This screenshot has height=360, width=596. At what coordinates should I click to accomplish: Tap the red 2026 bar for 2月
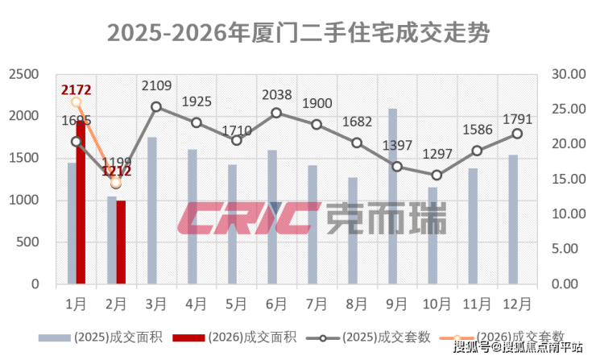coord(121,242)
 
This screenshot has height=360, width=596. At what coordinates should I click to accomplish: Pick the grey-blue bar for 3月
coord(152,210)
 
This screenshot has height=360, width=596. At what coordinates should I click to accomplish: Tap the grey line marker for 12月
coord(517,134)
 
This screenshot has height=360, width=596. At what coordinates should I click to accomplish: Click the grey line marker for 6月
coord(276,113)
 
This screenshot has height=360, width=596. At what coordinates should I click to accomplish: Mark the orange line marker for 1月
coord(77,101)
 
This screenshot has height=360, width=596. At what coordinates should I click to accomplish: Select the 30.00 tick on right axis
coord(569,74)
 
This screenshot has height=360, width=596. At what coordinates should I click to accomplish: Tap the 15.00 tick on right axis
coord(569,179)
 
